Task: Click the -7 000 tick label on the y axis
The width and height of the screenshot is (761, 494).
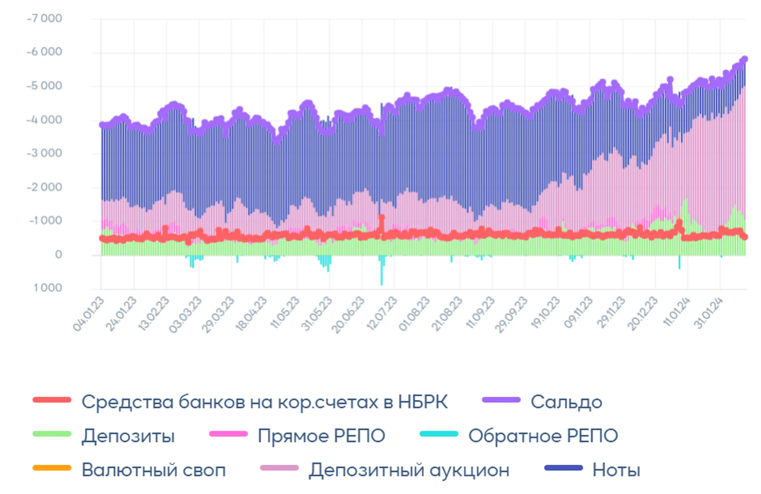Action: coord(44,18)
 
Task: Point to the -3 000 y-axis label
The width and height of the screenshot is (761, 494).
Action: coord(44,153)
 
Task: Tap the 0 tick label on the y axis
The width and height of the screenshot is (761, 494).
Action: coord(58,254)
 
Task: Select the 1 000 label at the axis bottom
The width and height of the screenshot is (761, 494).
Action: coord(48,288)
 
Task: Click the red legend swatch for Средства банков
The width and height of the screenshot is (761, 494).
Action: coord(52,400)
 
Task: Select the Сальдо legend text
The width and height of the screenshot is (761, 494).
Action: coord(566,402)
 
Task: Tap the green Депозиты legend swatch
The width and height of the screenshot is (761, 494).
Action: coord(52,434)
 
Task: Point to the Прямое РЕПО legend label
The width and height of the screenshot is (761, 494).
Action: coord(321,436)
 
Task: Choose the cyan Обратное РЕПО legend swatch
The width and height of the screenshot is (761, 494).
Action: coord(439,434)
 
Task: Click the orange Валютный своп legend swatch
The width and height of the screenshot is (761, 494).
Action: coord(52,468)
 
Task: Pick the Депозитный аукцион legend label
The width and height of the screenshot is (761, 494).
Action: coord(409,470)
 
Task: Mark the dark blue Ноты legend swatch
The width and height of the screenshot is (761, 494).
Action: coord(563,468)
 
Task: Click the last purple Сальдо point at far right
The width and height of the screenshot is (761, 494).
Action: coord(744,59)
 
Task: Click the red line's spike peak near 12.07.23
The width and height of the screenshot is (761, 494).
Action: coord(381,217)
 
